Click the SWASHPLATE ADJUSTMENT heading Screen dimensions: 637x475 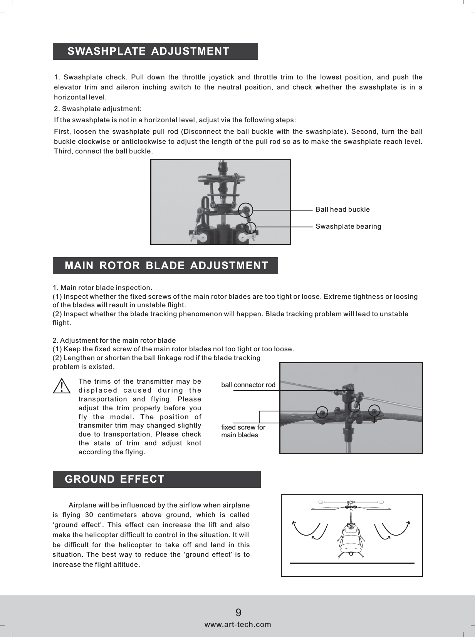[148, 51]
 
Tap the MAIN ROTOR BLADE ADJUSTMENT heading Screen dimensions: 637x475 [166, 266]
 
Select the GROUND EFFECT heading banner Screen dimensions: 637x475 [115, 479]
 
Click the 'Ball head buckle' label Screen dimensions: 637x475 [342, 209]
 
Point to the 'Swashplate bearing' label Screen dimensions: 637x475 [348, 226]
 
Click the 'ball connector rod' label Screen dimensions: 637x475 [248, 385]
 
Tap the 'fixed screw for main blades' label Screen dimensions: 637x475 [243, 431]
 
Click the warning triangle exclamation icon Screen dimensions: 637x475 [62, 386]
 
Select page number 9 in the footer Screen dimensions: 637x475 [238, 613]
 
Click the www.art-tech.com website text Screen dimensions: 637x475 [238, 624]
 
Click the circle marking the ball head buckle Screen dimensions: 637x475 [246, 210]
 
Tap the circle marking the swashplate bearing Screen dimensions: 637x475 [250, 228]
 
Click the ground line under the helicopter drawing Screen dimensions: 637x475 [351, 563]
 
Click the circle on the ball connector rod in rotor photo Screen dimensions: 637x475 [354, 406]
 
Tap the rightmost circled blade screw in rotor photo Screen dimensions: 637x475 [374, 411]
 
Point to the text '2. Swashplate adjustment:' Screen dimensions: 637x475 [98, 109]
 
